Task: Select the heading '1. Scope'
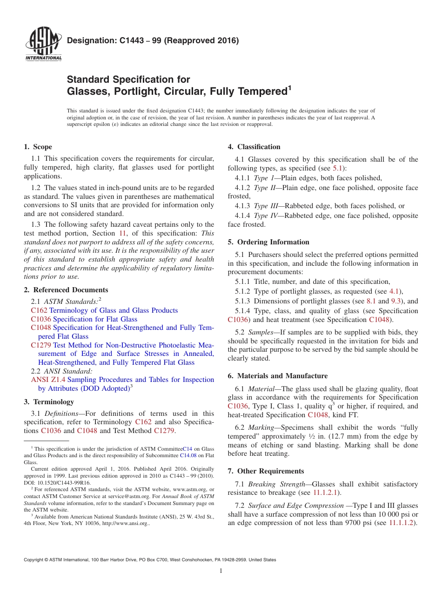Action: [38, 147]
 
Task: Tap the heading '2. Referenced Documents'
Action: [66, 290]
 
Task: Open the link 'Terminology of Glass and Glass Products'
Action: [114, 310]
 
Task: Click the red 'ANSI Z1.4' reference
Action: [48, 380]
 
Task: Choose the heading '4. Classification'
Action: [254, 147]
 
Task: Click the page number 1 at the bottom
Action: [221, 571]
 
